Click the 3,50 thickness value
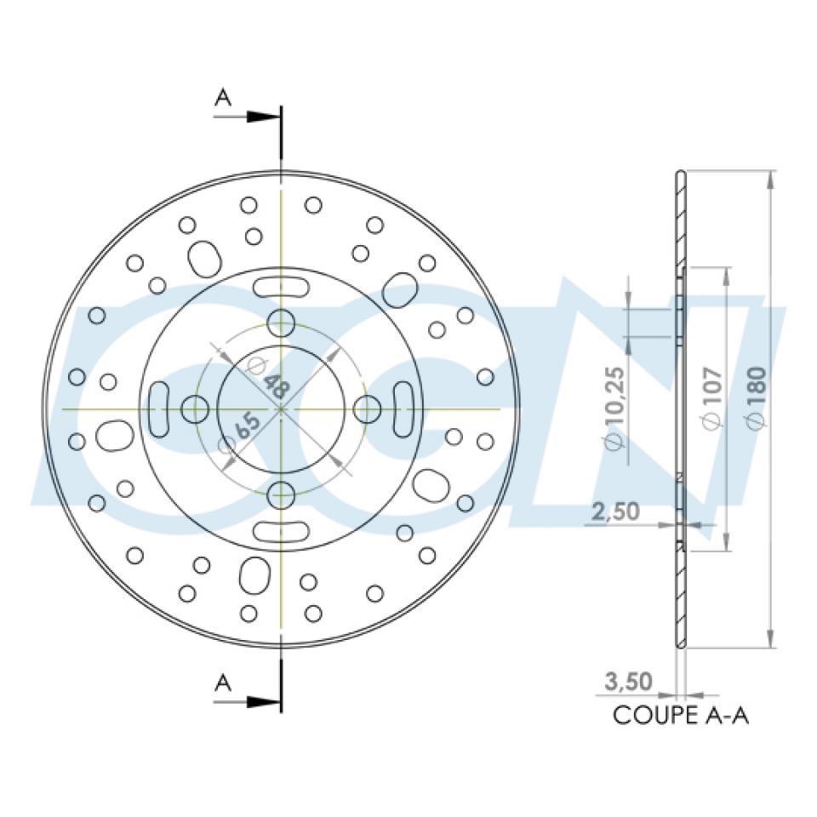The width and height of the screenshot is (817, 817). [x=628, y=682]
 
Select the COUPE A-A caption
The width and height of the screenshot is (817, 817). [x=681, y=716]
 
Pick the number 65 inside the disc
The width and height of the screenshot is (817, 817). [x=247, y=426]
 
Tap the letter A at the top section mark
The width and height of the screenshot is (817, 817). [x=222, y=98]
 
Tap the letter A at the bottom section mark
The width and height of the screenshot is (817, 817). [x=222, y=682]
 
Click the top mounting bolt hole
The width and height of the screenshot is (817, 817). [x=281, y=323]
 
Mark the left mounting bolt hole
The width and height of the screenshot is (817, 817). [x=195, y=409]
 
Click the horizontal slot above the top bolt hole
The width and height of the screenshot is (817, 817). [x=280, y=286]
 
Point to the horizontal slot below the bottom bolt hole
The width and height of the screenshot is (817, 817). [x=280, y=531]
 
